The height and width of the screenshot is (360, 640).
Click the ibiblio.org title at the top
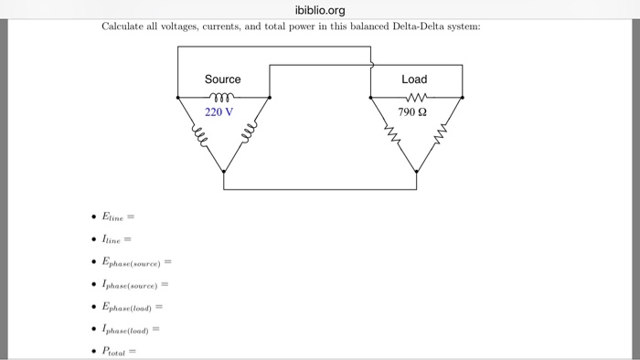[320, 10]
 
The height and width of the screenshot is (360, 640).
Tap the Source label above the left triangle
[223, 79]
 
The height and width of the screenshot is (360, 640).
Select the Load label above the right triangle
[414, 79]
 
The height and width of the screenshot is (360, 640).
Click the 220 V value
[219, 111]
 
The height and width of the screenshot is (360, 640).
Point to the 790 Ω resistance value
[412, 111]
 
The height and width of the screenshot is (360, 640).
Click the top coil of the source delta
[223, 95]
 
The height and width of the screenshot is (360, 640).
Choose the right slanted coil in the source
[247, 137]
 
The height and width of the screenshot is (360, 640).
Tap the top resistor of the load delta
[415, 95]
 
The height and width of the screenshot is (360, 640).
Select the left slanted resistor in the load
[390, 136]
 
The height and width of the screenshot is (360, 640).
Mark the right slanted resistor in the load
[440, 136]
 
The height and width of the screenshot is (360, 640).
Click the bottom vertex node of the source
[223, 171]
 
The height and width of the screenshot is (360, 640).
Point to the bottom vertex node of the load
[415, 171]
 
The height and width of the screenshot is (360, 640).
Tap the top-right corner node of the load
[462, 96]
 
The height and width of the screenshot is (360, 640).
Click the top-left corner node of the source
[177, 96]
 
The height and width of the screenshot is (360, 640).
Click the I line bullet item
[116, 239]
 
